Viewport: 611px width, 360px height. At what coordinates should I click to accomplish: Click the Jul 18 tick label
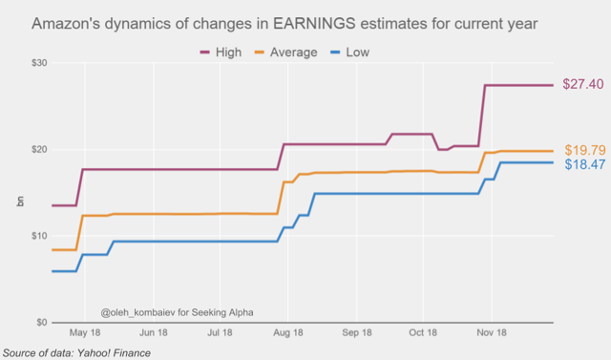coord(220,334)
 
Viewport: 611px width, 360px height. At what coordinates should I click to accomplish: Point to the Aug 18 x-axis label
coord(287,334)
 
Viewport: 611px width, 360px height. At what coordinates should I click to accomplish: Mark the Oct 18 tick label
coord(422,334)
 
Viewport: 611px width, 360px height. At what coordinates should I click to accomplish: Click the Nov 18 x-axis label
coord(491,334)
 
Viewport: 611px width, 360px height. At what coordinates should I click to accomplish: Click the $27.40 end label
coord(583,85)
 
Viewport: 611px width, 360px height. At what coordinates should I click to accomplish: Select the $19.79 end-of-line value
coord(583,150)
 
